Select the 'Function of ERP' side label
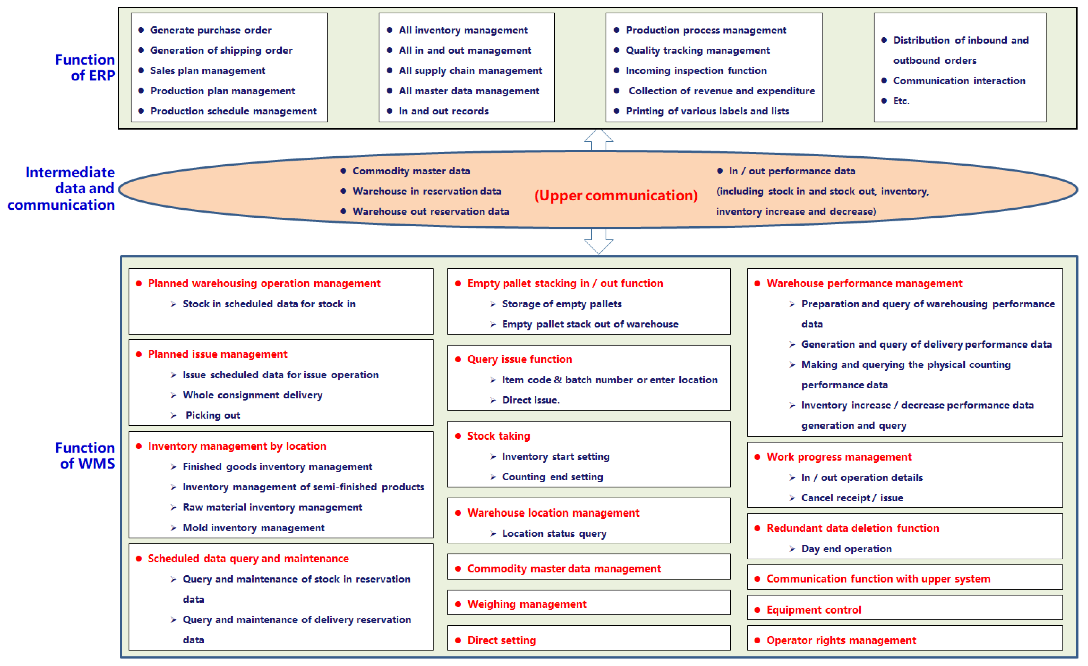pos(85,67)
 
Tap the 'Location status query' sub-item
pos(554,534)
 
